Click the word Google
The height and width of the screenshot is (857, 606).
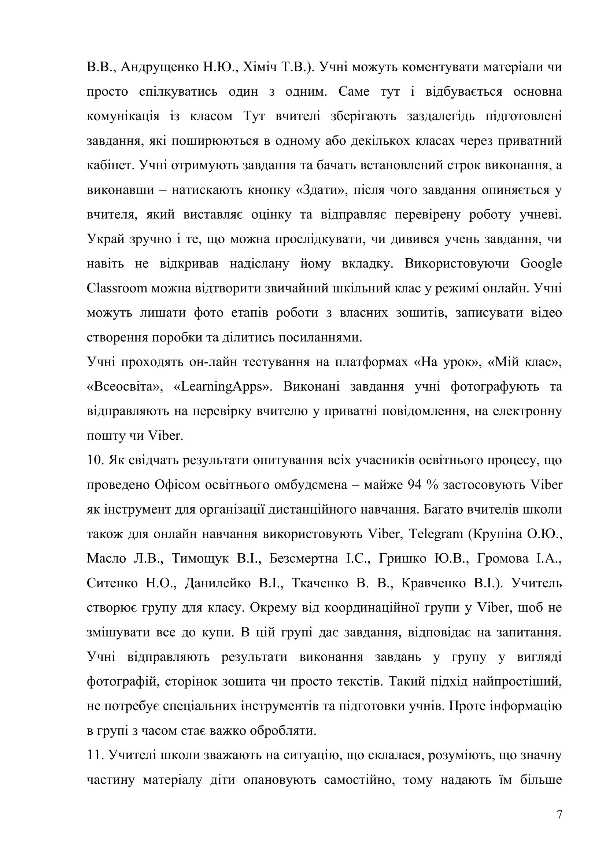coord(541,263)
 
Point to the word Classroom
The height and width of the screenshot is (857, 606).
coord(117,288)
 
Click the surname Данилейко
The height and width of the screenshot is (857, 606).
coord(218,583)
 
